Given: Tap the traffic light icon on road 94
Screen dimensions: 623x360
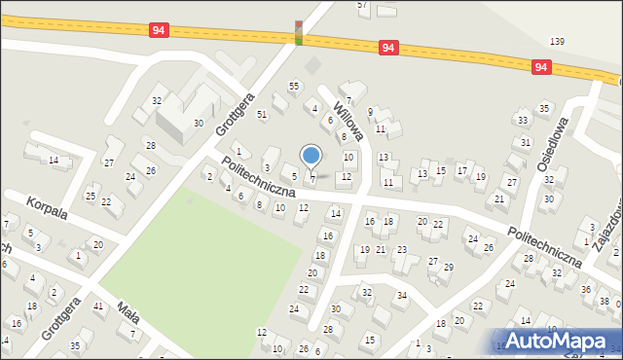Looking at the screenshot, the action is coord(299,32).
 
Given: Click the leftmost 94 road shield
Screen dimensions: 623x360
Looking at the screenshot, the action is coord(160,31).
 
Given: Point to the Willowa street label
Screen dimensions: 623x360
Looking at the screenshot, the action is coord(348,118).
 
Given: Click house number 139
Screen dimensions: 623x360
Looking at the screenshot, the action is coord(557,41).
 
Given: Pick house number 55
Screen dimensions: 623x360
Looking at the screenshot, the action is coord(293,87).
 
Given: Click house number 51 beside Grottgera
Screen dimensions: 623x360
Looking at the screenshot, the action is coord(262,114).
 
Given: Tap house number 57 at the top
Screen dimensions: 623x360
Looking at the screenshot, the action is coord(363,5).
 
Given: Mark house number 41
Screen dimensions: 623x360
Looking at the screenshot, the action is coord(98,306).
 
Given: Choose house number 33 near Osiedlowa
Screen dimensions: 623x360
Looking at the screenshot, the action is coord(523,120).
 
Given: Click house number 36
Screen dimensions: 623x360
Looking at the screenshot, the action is coord(585,289).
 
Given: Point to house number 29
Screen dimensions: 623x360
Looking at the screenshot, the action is coord(448,267).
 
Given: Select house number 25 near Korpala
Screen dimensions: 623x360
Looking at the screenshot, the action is coord(91,197).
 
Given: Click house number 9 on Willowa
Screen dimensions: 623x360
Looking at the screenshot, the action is coord(370,112).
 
